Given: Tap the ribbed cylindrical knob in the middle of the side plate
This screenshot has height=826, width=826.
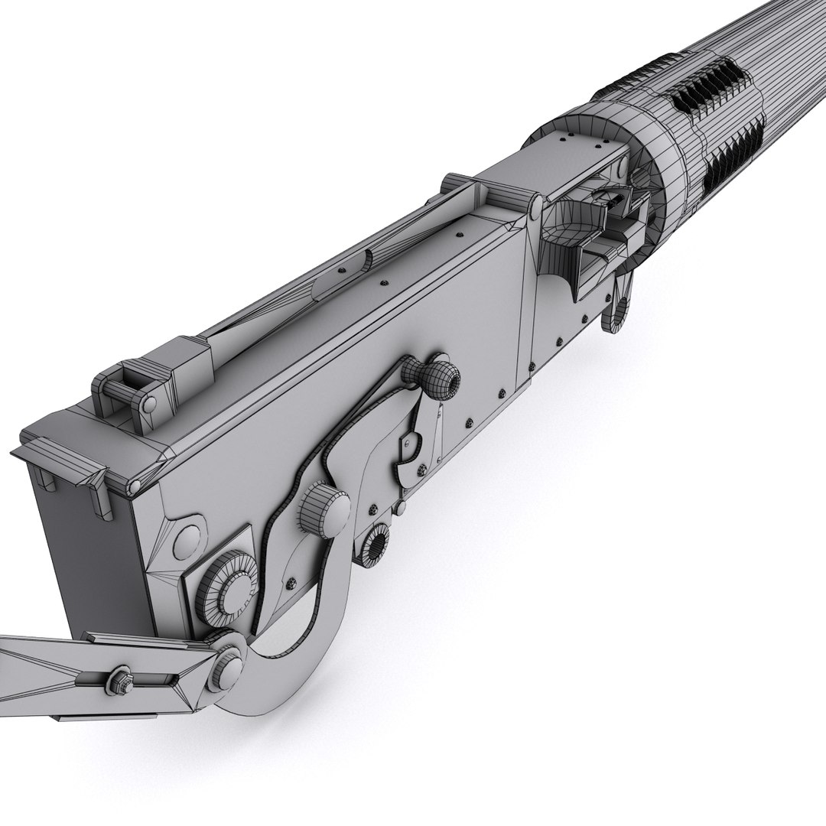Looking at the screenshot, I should click(323, 508).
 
